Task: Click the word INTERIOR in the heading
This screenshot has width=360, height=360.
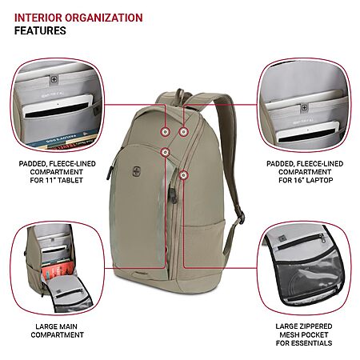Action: coord(38,18)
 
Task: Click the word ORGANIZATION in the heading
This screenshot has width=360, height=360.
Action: coord(104,18)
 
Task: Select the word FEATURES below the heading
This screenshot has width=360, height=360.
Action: coord(40,30)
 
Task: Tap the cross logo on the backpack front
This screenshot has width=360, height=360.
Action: coord(135,170)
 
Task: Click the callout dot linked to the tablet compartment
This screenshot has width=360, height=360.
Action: coord(166,131)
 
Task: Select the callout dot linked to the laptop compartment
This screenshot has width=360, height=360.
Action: coord(183,131)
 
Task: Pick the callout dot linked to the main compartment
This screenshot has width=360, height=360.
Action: coord(166,152)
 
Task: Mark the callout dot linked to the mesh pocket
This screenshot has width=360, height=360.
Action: coord(183,175)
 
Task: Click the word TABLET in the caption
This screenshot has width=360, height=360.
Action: coord(70,180)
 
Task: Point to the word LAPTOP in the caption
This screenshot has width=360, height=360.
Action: coord(319,180)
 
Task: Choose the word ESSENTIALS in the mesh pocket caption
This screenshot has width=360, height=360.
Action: coord(312,343)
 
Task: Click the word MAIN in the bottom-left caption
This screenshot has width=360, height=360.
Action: coord(67,326)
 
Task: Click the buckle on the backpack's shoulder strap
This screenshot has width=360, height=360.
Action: coord(241,217)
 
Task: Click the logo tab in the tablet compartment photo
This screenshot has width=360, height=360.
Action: coord(54,80)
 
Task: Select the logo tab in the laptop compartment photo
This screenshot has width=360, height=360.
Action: coord(304,108)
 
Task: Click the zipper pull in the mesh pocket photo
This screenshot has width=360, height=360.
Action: coord(322,238)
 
